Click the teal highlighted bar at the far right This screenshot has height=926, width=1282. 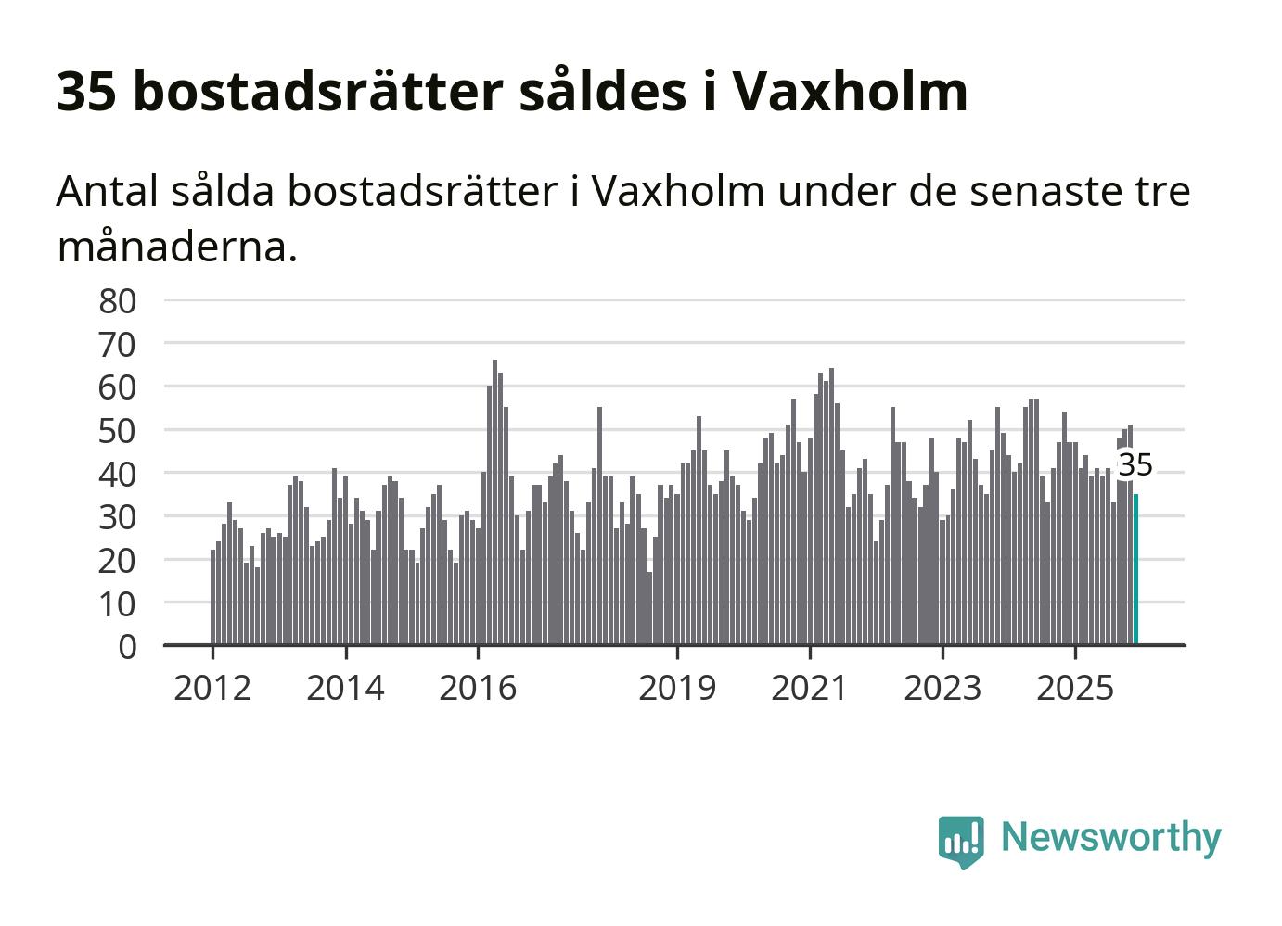point(1135,569)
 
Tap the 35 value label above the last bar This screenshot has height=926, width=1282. point(1135,465)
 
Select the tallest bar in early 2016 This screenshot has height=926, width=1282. point(494,501)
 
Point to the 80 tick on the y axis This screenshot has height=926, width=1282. point(118,300)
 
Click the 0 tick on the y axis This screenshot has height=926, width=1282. point(127,646)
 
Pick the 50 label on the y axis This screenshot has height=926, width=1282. point(118,430)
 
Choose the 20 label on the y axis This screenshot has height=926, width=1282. point(118,560)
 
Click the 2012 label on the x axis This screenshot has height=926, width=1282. point(212,688)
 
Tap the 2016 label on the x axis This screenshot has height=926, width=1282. point(478,688)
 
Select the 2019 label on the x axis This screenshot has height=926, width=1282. point(677,688)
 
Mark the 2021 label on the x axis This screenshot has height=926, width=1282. point(810,688)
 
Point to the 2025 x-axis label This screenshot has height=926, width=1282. point(1075,688)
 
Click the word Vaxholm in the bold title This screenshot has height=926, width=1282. point(849,91)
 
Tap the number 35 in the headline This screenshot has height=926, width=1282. point(86,91)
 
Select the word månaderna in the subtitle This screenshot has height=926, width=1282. point(176,247)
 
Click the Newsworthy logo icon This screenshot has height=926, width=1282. point(960,841)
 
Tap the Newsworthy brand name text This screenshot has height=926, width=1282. point(1111,837)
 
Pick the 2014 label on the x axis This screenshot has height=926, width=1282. point(345,688)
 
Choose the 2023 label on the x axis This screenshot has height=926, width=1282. point(942,688)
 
